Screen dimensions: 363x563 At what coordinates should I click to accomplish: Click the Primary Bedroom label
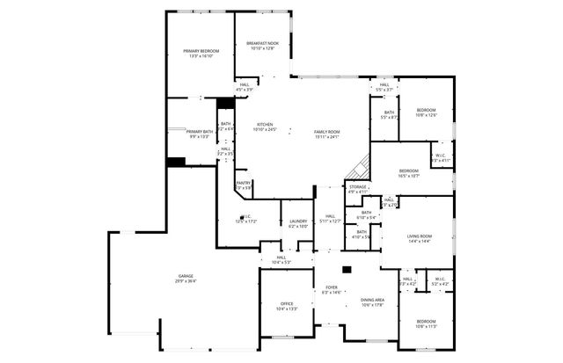201,52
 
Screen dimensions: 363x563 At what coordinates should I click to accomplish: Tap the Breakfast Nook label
263,44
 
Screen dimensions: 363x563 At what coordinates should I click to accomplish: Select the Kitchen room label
265,125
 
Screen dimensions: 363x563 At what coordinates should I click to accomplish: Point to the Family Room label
327,132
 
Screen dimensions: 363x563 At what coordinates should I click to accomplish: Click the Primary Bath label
200,131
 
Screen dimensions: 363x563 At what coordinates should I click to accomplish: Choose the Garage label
186,276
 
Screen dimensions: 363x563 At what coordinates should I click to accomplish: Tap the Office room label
287,303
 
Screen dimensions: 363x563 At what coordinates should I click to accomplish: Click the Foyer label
332,287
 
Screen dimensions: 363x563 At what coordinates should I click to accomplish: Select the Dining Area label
373,301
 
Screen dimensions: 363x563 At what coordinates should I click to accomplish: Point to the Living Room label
419,236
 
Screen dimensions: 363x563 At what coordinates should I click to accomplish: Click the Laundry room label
297,221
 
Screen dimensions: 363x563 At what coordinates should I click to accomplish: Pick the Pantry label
244,183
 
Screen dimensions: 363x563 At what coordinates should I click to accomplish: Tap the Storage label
357,186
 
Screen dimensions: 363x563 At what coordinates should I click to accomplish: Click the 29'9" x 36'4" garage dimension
186,281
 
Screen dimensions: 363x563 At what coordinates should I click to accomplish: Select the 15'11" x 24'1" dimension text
327,137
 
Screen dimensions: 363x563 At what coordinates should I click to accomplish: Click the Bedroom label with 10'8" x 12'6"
426,110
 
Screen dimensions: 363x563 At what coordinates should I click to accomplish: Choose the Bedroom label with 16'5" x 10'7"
409,171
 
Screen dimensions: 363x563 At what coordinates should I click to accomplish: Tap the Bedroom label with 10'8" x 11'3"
426,322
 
